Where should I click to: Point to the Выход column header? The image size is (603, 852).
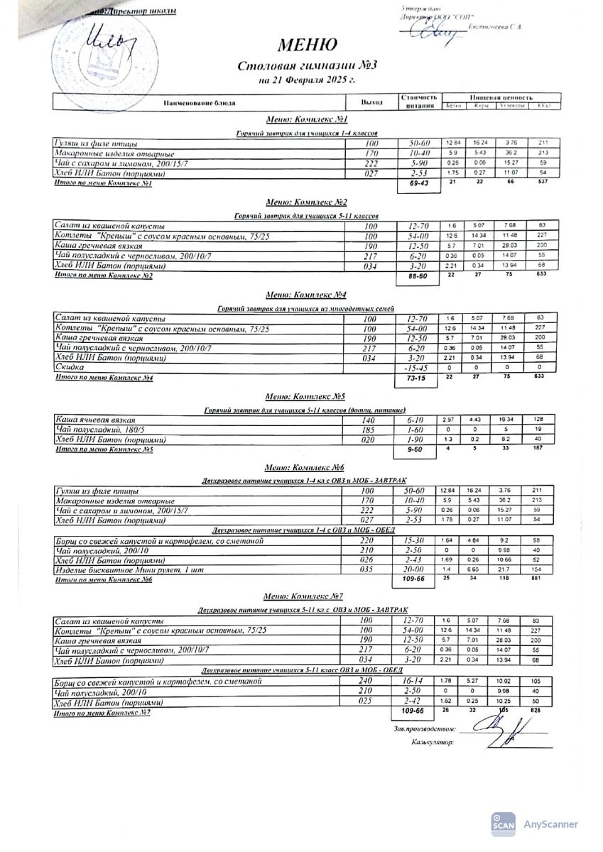(371, 103)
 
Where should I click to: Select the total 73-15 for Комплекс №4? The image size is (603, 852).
(418, 381)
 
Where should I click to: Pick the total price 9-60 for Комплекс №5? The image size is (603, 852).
(416, 450)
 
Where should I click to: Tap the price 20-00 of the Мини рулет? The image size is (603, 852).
(415, 570)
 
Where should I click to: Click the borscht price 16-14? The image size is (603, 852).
(415, 682)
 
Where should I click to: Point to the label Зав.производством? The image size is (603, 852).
(423, 729)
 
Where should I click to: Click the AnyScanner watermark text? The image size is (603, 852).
(550, 824)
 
